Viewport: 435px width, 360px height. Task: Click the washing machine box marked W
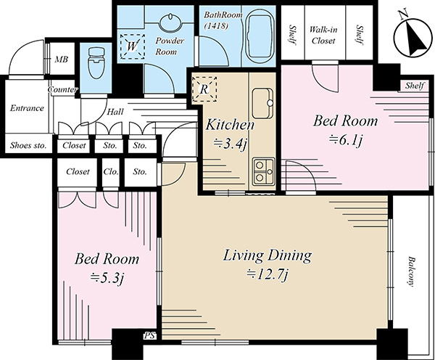tap(133, 46)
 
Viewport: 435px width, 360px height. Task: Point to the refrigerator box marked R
tap(204, 89)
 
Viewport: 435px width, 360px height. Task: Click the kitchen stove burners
tap(263, 171)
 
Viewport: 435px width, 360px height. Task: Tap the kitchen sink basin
tap(262, 102)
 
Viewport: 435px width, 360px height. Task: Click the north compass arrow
tap(415, 36)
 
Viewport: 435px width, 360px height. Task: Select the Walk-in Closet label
tap(323, 35)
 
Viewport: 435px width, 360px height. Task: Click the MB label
tap(61, 60)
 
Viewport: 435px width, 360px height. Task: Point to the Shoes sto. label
tap(28, 145)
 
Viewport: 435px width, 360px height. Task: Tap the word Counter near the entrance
tap(62, 90)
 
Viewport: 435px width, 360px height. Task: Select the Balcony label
tap(411, 271)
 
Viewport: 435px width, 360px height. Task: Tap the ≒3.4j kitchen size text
tap(230, 144)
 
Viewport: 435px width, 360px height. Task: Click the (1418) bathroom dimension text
tap(216, 26)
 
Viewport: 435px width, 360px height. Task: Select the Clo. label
tap(111, 172)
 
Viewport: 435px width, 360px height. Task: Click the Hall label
tap(115, 112)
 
